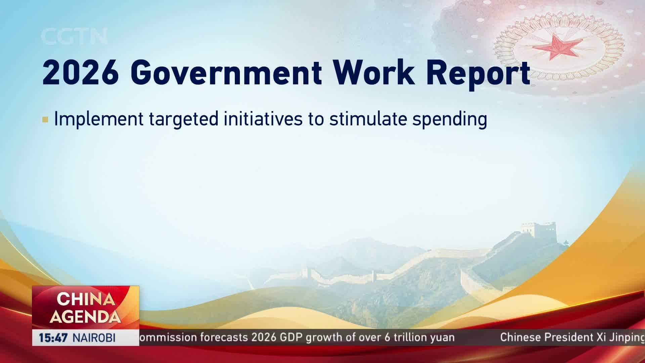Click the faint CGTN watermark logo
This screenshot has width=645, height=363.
(74, 36)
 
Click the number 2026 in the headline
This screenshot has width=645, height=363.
(81, 72)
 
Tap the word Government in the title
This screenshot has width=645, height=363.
(226, 72)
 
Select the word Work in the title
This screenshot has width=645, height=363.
(374, 72)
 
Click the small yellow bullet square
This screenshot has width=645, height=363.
(45, 120)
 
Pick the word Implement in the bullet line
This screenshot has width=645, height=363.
(99, 119)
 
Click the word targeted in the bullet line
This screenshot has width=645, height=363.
(184, 120)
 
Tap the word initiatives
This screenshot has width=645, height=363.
(263, 119)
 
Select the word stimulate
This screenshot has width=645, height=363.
(368, 119)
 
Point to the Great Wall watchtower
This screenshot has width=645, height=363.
(541, 232)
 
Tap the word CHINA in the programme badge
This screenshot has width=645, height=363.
(86, 299)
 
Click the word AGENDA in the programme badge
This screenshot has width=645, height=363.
(85, 317)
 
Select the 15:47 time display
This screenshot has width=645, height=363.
(53, 338)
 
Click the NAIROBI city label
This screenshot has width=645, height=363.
(94, 338)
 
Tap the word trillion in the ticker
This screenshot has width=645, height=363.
(412, 337)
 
